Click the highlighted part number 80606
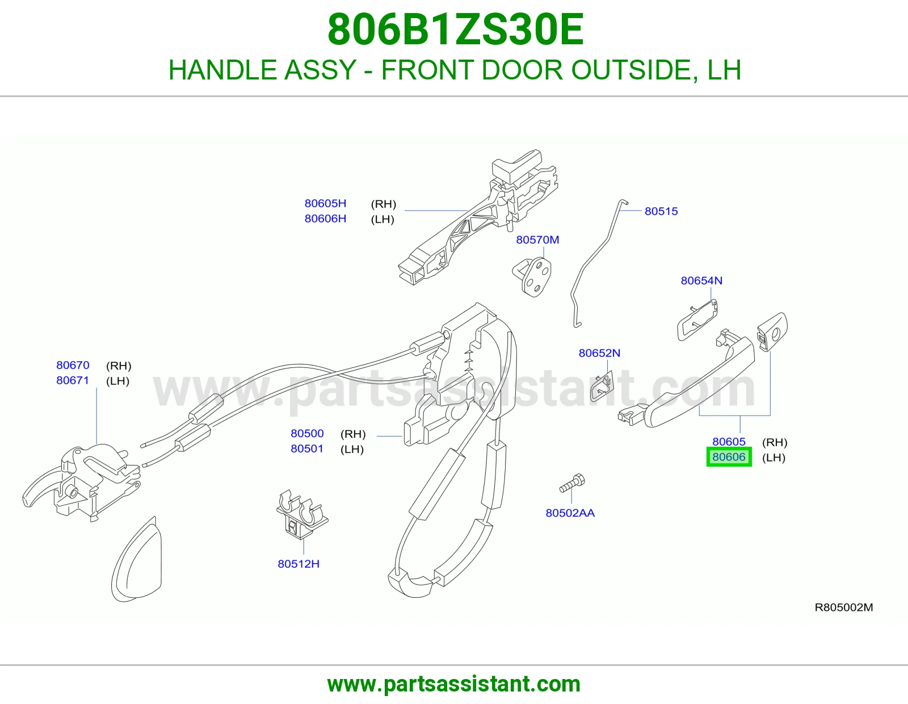tap(729, 457)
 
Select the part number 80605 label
tap(729, 442)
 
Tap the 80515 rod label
tap(661, 211)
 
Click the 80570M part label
tap(537, 240)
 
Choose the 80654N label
tap(701, 280)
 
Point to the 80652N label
tap(599, 353)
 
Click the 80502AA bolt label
tap(570, 513)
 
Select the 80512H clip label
tap(299, 564)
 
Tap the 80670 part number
tap(73, 365)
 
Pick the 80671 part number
tap(73, 380)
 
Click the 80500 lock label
tap(307, 433)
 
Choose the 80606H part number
tap(325, 219)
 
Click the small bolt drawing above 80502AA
tap(572, 483)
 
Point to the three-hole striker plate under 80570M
tap(532, 276)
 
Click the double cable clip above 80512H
tap(302, 514)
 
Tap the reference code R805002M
tap(844, 607)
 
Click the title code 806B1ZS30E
tap(456, 30)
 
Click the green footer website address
tap(454, 684)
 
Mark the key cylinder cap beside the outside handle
tap(772, 331)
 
